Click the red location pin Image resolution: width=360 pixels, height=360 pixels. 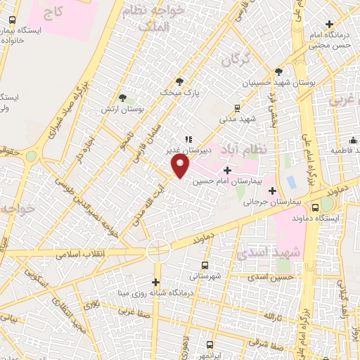click(181, 166)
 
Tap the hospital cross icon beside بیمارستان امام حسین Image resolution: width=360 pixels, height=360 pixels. click(226, 170)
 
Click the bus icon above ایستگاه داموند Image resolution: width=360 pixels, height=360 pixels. click(314, 207)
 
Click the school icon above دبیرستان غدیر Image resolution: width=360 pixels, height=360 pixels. click(188, 139)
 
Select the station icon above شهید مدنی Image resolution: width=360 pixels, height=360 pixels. click(237, 108)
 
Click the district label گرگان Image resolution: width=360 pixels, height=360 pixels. click(236, 62)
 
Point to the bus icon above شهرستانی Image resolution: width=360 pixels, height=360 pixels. click(205, 265)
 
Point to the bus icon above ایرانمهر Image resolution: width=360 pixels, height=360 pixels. click(210, 345)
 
